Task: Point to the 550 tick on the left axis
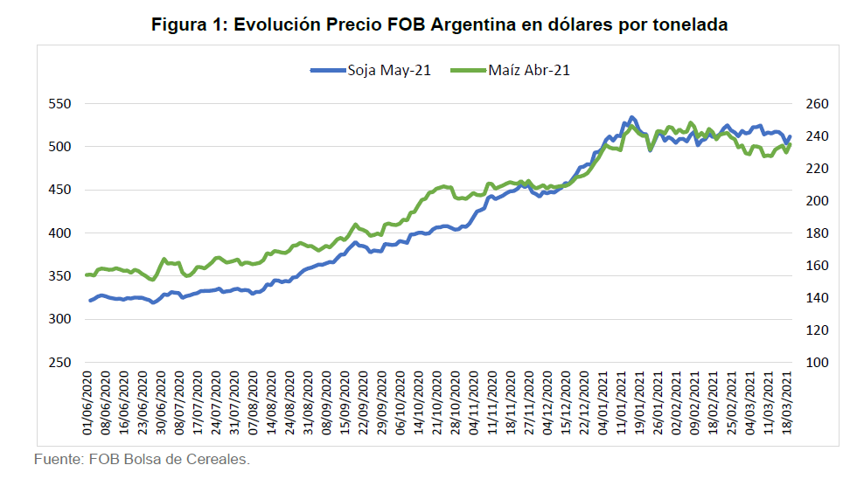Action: pyautogui.click(x=59, y=104)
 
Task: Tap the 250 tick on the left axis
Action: pyautogui.click(x=59, y=363)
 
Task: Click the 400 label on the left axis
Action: pyautogui.click(x=59, y=233)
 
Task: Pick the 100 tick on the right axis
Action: pyautogui.click(x=814, y=363)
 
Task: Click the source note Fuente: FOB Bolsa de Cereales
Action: pyautogui.click(x=142, y=459)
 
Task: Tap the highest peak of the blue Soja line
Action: pyautogui.click(x=631, y=117)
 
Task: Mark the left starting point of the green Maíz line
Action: pyautogui.click(x=87, y=274)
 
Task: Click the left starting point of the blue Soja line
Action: pyautogui.click(x=89, y=301)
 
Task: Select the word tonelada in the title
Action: pyautogui.click(x=690, y=24)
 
